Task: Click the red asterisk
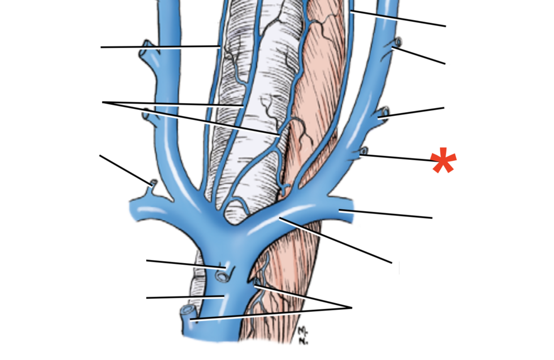point(444,161)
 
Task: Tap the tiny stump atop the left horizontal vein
point(153,183)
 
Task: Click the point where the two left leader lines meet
point(103,102)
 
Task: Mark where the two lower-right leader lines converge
point(351,308)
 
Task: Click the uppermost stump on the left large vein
point(145,47)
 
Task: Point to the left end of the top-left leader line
point(101,47)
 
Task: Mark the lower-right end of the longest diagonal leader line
point(391,262)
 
